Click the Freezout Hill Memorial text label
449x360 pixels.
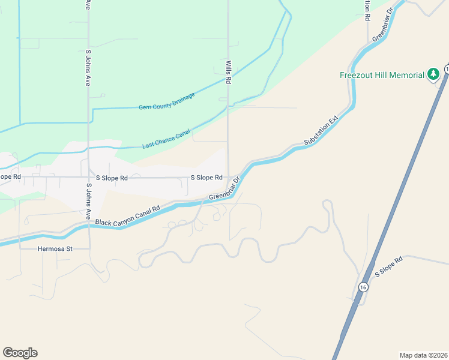tap(382, 75)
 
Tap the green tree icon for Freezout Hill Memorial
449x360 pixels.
tap(433, 74)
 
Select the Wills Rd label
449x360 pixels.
tap(229, 75)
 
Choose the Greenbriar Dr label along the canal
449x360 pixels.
tap(224, 190)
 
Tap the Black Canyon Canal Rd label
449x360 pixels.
tap(127, 216)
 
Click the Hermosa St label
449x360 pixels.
tap(55, 248)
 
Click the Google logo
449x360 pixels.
tap(20, 353)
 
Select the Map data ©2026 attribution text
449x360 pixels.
tap(423, 355)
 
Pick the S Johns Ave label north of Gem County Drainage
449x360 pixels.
tap(88, 67)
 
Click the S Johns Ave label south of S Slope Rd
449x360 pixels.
tap(88, 205)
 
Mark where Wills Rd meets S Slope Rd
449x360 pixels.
tap(228, 178)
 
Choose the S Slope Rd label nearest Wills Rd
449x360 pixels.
tap(206, 178)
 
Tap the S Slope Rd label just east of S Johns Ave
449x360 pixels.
tap(112, 178)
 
